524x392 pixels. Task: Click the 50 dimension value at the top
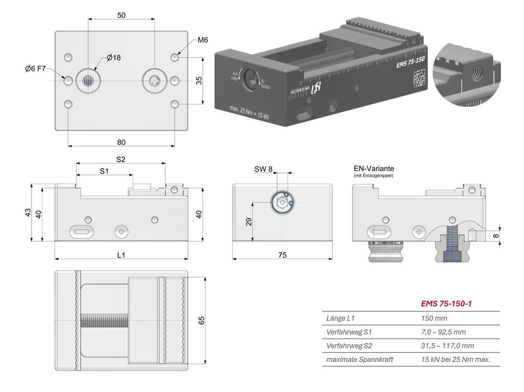121,15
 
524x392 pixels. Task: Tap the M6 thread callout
203,40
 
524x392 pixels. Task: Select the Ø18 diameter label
114,58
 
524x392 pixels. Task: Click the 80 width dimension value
121,142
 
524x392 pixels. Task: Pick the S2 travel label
121,160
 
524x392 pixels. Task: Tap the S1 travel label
104,171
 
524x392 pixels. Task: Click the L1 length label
121,254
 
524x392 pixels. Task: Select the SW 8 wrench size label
264,169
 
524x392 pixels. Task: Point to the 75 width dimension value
282,254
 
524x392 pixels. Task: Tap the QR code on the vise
417,78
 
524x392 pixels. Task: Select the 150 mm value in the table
434,317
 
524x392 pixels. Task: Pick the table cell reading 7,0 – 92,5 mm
443,332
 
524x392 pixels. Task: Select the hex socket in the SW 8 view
282,203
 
